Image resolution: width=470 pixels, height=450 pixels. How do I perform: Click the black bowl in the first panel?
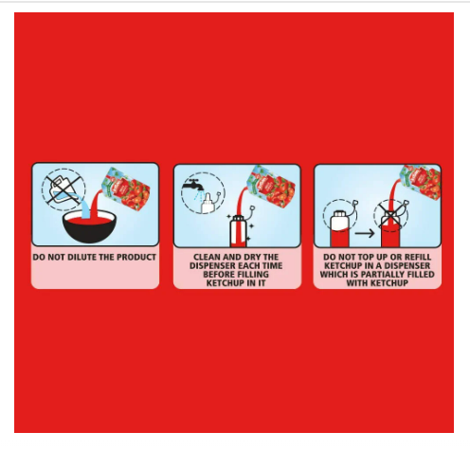coord(89,226)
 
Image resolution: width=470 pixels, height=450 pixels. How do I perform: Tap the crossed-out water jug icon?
coord(63,189)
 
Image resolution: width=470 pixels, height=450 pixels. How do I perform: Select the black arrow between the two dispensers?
coord(365,234)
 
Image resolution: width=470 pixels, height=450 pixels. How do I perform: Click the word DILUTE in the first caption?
coord(82,257)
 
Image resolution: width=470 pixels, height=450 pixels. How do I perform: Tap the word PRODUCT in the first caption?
coord(138,257)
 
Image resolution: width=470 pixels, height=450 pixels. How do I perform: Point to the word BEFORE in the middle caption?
coord(219,274)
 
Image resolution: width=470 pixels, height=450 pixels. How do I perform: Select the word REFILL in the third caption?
coord(416,257)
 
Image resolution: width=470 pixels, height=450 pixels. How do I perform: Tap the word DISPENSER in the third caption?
coord(407,265)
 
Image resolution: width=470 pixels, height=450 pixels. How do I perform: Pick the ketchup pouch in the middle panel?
coord(272,187)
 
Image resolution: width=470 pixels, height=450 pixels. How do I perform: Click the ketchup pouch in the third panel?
coord(422,183)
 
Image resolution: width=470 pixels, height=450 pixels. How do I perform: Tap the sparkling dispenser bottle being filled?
coord(239,230)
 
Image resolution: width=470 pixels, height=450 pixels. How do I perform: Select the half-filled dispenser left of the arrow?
coord(340,228)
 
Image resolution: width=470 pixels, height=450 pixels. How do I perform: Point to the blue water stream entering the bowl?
coord(84,207)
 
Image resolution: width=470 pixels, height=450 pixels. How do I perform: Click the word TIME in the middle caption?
coord(272,265)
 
